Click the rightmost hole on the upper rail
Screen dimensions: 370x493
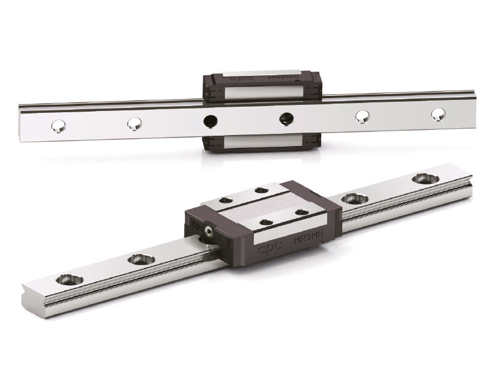coord(438,114)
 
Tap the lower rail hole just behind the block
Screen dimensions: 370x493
coord(354,199)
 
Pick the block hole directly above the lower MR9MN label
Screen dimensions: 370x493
coord(301,212)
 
